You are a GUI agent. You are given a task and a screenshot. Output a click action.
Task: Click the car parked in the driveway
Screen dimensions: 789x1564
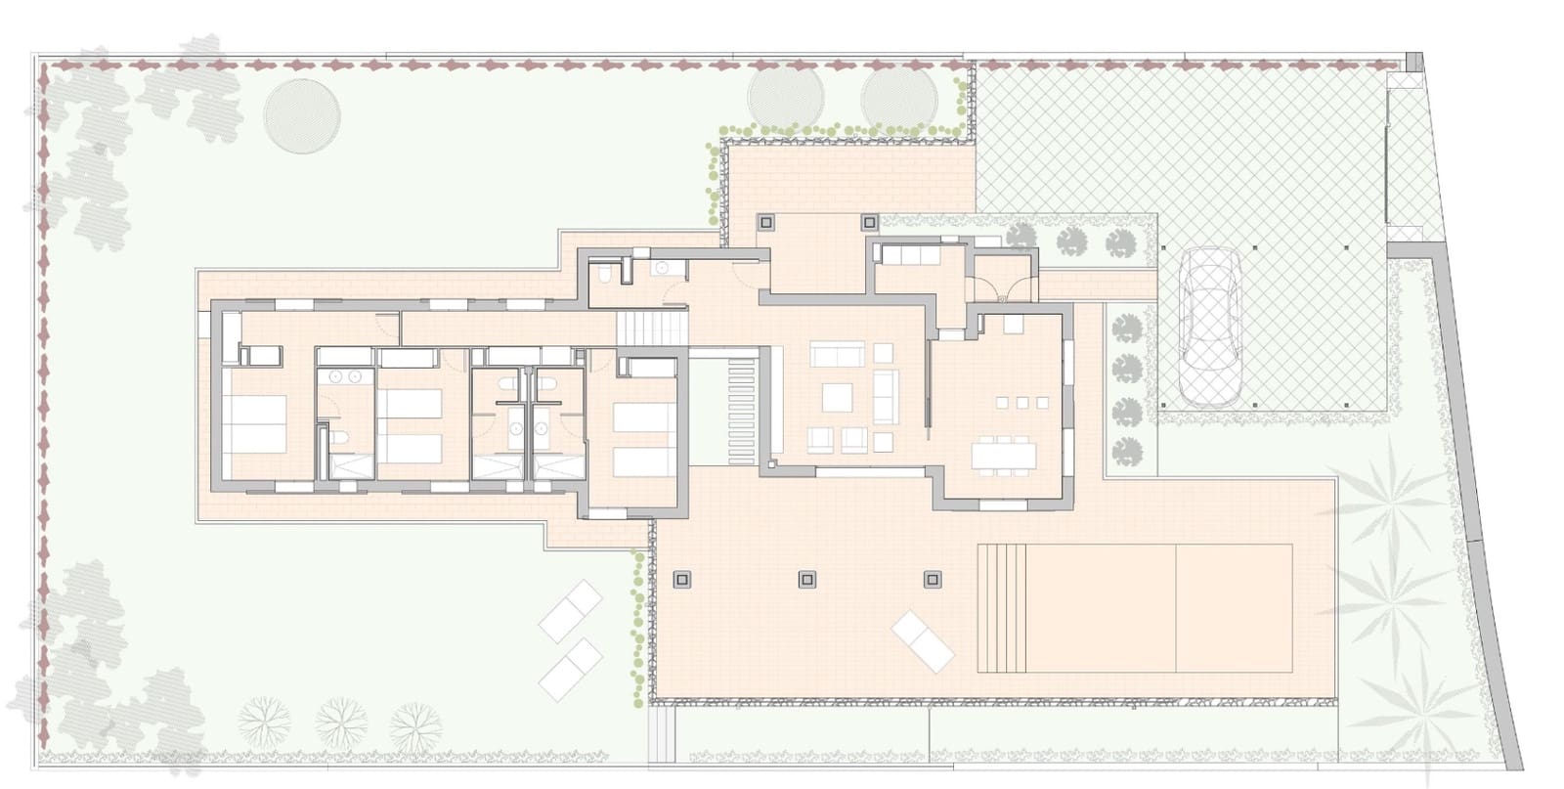1209,326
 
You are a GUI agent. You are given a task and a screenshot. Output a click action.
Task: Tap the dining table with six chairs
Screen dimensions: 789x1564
1005,457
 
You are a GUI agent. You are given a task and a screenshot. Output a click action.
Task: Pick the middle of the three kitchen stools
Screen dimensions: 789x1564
1022,402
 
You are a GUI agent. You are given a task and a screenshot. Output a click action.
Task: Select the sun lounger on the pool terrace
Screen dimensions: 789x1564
923,640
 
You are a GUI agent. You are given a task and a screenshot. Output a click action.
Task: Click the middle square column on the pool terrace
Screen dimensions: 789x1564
807,579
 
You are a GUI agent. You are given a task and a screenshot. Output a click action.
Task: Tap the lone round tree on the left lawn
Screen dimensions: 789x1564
302,114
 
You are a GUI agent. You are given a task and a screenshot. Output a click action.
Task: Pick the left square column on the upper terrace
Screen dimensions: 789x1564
765,222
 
